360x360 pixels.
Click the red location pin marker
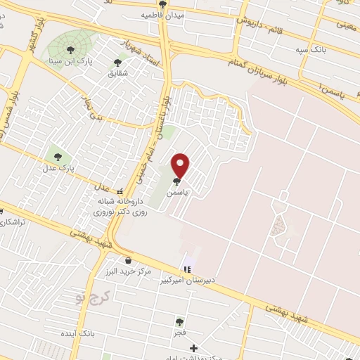[181, 165]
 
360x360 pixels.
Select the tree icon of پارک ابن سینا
[70, 49]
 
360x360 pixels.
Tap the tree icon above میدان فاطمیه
[163, 4]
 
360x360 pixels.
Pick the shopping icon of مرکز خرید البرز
[127, 260]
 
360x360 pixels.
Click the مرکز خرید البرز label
[127, 272]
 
